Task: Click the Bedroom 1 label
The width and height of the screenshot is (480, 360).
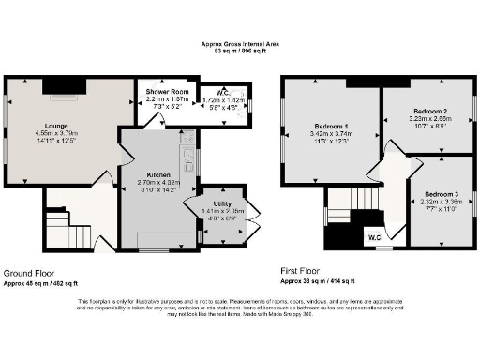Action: click(x=332, y=126)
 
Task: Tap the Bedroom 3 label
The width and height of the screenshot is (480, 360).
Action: click(x=439, y=193)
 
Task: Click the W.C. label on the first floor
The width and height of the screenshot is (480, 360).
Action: click(x=375, y=236)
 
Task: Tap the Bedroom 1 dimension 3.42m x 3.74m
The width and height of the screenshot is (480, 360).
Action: click(x=332, y=134)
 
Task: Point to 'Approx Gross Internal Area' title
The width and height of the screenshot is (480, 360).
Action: click(x=239, y=43)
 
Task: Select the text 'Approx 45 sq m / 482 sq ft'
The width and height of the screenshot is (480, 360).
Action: click(x=41, y=281)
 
